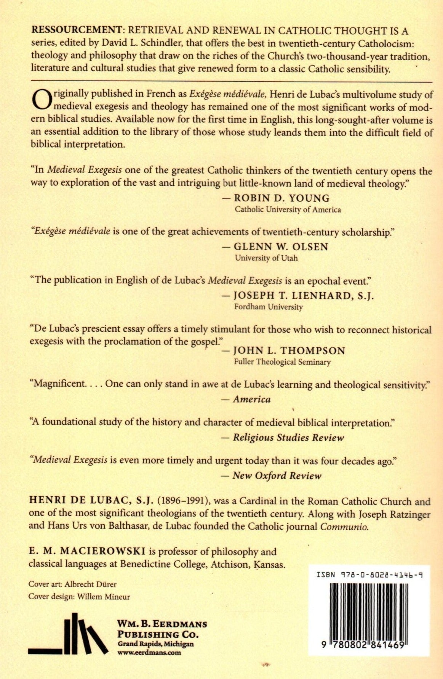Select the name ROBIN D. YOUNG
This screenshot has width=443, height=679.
pyautogui.click(x=281, y=198)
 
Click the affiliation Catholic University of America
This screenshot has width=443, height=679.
pyautogui.click(x=288, y=209)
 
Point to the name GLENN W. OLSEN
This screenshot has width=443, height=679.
pyautogui.click(x=281, y=247)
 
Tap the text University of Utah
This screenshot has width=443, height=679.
pyautogui.click(x=266, y=258)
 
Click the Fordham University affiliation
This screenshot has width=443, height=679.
pyautogui.click(x=269, y=307)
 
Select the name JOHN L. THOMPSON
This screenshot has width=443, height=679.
pyautogui.click(x=289, y=351)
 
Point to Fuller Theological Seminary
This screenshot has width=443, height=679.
pyautogui.click(x=282, y=362)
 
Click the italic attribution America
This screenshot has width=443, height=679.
pyautogui.click(x=252, y=399)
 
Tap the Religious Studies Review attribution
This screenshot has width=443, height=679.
pyautogui.click(x=288, y=438)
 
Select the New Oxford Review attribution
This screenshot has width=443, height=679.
pyautogui.click(x=277, y=476)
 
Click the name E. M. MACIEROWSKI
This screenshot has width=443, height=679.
pyautogui.click(x=87, y=552)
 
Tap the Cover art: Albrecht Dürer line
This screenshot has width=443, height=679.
pyautogui.click(x=72, y=584)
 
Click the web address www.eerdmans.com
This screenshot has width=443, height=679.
pyautogui.click(x=149, y=652)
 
